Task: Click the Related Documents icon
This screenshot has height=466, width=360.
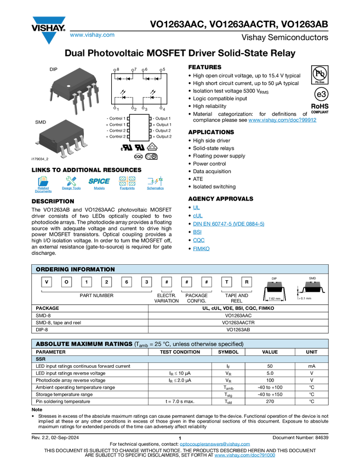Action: click(x=43, y=184)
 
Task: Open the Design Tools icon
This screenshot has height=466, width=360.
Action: click(x=71, y=184)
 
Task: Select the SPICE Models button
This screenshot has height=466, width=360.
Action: click(x=99, y=184)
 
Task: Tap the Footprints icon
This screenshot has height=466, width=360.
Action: click(x=127, y=184)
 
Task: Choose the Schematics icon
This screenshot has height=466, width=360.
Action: click(x=155, y=184)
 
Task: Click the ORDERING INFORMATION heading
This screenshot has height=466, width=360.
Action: click(x=75, y=269)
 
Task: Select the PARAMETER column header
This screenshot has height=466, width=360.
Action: click(x=51, y=352)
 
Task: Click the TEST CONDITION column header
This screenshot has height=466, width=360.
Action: click(x=180, y=352)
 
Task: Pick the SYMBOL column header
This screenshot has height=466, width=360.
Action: click(x=228, y=352)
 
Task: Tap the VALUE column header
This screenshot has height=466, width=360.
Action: click(x=270, y=352)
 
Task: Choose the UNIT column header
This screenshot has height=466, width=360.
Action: click(x=311, y=352)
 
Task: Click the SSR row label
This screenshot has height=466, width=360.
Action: click(x=41, y=359)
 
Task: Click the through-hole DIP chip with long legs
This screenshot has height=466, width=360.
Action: click(x=74, y=88)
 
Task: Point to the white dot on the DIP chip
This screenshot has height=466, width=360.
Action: click(x=68, y=86)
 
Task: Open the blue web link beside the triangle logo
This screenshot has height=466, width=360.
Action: click(x=92, y=35)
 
